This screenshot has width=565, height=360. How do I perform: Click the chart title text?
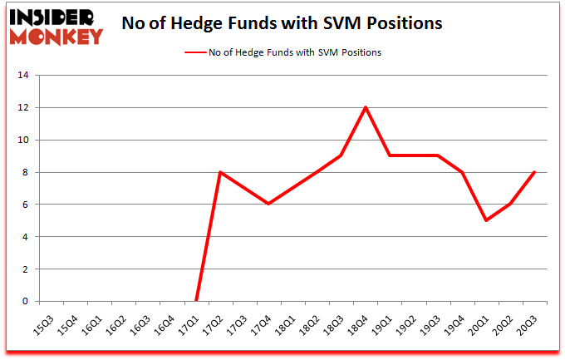click(281, 23)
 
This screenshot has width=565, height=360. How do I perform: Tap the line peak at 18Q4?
click(366, 107)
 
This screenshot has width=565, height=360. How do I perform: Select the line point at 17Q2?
click(220, 172)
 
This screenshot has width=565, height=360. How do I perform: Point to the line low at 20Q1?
click(486, 220)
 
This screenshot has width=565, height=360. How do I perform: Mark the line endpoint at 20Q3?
click(534, 172)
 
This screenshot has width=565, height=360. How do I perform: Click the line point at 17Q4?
click(268, 204)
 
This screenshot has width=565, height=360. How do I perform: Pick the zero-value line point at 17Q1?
click(196, 301)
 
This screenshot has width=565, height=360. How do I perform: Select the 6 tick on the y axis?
click(27, 205)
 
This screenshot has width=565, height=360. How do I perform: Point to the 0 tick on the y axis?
click(27, 301)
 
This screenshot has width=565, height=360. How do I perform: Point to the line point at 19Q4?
click(462, 172)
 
